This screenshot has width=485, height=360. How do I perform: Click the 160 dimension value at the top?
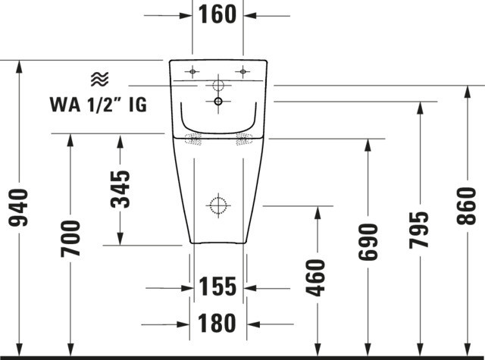click(x=217, y=14)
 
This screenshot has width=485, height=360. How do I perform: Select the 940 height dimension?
click(x=18, y=207)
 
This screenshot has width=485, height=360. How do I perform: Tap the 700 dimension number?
click(x=70, y=239)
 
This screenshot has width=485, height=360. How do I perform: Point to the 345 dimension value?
click(x=120, y=189)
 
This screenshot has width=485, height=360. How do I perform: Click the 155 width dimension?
click(x=217, y=286)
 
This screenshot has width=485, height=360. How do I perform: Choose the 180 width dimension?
click(x=217, y=323)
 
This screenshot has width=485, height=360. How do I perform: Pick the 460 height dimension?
click(x=315, y=277)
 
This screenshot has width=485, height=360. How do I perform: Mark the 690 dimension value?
click(x=368, y=242)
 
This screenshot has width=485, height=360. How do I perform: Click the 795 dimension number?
click(x=419, y=230)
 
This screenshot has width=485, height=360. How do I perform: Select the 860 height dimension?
click(x=467, y=205)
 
